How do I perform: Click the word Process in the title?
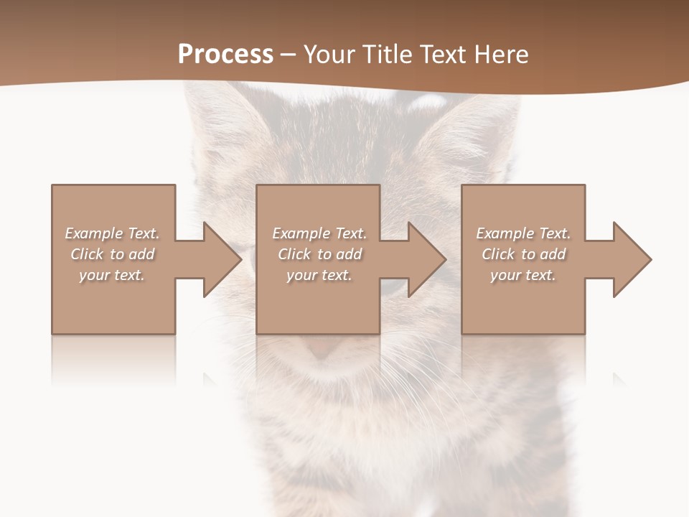(225, 55)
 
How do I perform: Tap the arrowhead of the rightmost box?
(631, 259)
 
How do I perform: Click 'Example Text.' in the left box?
(112, 233)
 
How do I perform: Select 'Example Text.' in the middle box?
(319, 233)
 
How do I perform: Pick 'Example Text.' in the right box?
(523, 233)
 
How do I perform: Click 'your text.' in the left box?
(112, 275)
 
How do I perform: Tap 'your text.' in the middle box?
(319, 275)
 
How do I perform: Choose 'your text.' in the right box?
(523, 275)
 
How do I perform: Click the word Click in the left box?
(87, 254)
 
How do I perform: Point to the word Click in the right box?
(498, 254)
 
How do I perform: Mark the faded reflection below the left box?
(113, 359)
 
